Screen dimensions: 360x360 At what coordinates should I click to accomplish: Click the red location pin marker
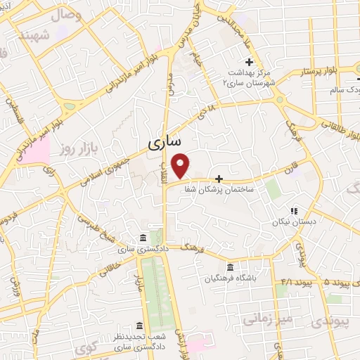pyautogui.click(x=181, y=165)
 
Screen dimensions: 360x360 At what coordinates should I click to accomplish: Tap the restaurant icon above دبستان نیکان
pyautogui.click(x=295, y=210)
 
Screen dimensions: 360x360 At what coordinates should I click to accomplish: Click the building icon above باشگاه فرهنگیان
pyautogui.click(x=231, y=267)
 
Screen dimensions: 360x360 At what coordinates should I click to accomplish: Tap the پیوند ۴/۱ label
pyautogui.click(x=288, y=281)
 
